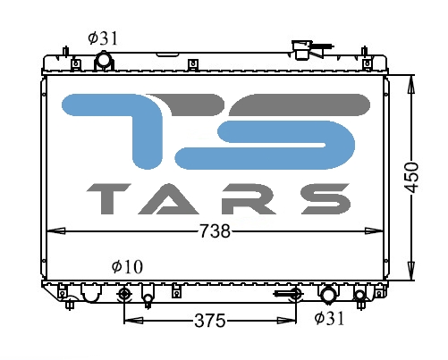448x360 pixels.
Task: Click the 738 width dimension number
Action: pyautogui.click(x=215, y=231)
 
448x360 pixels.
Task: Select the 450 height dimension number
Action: pyautogui.click(x=411, y=178)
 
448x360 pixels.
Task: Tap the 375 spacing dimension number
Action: pyautogui.click(x=210, y=321)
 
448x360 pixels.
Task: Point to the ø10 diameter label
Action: pyautogui.click(x=127, y=266)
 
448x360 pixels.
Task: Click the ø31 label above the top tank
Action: pyautogui.click(x=103, y=38)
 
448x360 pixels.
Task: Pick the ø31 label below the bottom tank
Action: pyautogui.click(x=329, y=318)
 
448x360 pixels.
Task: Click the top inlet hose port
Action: pyautogui.click(x=104, y=61)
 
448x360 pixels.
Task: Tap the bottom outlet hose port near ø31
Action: pyautogui.click(x=327, y=295)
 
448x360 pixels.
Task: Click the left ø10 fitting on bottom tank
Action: pyautogui.click(x=123, y=295)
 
